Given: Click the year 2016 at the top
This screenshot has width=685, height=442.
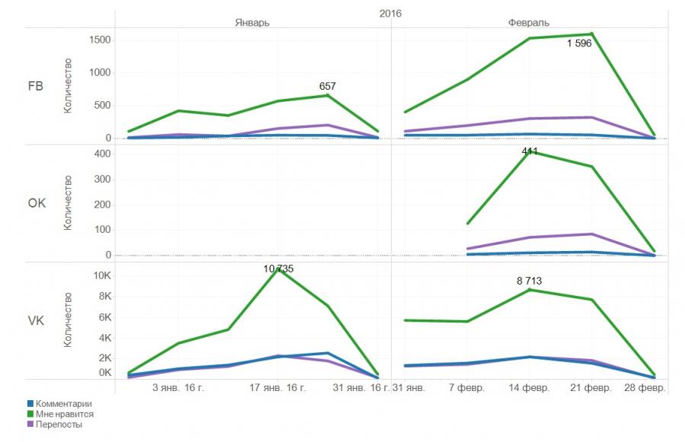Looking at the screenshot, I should pyautogui.click(x=390, y=13).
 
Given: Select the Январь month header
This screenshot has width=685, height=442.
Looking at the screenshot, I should pyautogui.click(x=251, y=23).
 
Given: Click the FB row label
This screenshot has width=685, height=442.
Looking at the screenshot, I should pyautogui.click(x=35, y=86).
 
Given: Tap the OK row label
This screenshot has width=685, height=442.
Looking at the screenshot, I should pyautogui.click(x=35, y=204).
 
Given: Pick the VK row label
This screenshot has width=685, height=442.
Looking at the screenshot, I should pyautogui.click(x=35, y=321).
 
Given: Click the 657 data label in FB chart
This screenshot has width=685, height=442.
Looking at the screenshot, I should pyautogui.click(x=327, y=87).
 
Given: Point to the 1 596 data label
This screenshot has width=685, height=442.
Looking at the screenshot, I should pyautogui.click(x=579, y=43).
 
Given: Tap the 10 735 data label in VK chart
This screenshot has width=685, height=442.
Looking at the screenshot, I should pyautogui.click(x=279, y=269).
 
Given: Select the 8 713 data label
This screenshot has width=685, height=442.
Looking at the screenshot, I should pyautogui.click(x=529, y=281).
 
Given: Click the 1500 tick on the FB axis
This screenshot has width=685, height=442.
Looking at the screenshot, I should pyautogui.click(x=100, y=40).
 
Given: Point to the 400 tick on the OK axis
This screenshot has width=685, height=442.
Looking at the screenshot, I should pyautogui.click(x=104, y=153).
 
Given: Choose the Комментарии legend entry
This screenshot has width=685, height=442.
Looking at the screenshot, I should pyautogui.click(x=63, y=403).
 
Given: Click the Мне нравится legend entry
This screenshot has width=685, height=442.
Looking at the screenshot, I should pyautogui.click(x=65, y=414).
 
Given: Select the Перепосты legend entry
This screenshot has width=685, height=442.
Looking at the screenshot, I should pyautogui.click(x=59, y=425).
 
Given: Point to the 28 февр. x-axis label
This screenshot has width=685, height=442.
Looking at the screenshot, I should pyautogui.click(x=645, y=388).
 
